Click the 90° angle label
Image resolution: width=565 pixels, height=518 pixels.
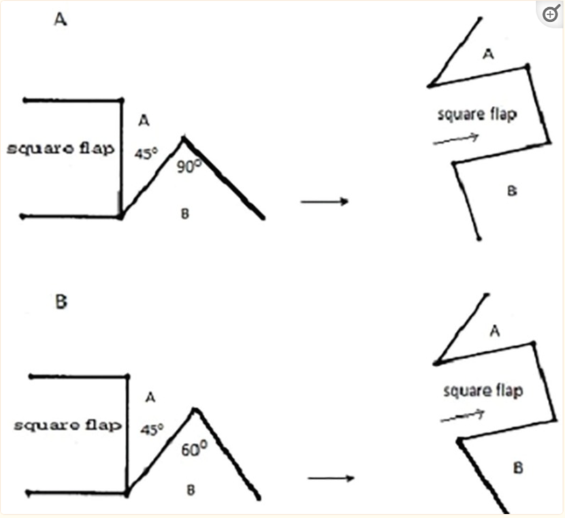coord(189,166)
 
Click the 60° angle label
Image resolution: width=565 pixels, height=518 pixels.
coord(194,449)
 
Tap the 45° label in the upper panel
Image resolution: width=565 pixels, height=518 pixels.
coord(146,154)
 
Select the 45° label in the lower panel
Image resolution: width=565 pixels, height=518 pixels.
coord(152,429)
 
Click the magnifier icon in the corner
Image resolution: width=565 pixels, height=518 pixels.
coord(551,14)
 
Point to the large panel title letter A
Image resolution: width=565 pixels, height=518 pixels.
coord(61,19)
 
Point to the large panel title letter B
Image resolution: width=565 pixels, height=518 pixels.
coord(61,301)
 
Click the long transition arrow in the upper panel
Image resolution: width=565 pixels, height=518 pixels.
coord(324,201)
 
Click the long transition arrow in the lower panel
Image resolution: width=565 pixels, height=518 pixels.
coord(331,478)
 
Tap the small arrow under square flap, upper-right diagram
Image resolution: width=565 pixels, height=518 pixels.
coord(456,140)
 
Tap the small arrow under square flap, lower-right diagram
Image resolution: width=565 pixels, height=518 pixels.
coord(462,415)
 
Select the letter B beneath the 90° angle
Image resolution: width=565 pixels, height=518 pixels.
coord(185,214)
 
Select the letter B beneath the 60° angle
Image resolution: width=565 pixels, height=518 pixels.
coord(191,490)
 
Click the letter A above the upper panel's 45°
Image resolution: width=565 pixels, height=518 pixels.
coord(144,120)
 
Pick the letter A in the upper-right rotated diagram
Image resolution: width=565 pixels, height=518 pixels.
coord(488,54)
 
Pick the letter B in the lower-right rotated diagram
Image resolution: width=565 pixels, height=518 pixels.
coord(518,468)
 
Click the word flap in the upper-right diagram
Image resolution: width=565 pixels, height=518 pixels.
coord(504,114)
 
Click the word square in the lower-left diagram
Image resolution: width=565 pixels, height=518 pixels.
coord(46,425)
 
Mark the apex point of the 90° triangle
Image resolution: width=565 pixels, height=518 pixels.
coord(184,138)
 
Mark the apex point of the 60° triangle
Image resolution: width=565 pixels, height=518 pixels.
coord(195,410)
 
